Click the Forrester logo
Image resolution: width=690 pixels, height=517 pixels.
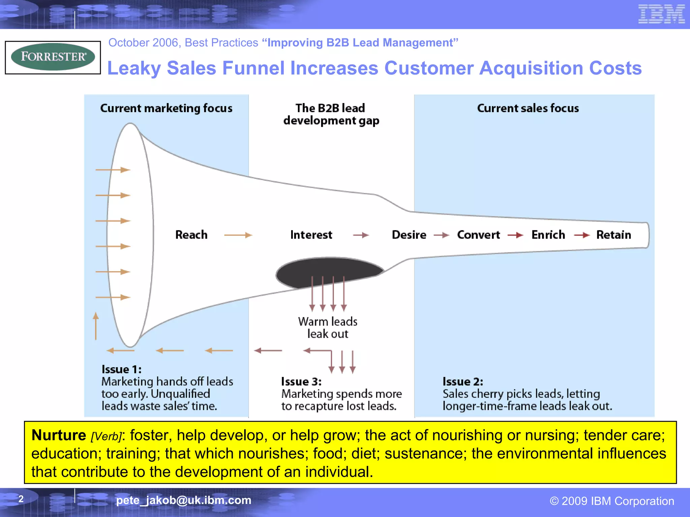(53, 57)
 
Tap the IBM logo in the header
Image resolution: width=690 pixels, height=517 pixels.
(661, 14)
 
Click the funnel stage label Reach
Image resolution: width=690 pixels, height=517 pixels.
(191, 235)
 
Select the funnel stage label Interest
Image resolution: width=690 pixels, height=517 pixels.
(311, 235)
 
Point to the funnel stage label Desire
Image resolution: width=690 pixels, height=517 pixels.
(409, 235)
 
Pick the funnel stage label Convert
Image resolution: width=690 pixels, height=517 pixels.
(478, 235)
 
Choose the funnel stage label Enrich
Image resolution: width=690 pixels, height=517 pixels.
(548, 235)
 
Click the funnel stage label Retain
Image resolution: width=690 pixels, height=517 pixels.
(614, 235)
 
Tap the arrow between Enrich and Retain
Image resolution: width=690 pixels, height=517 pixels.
(582, 235)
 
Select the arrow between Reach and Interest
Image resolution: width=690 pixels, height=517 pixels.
(238, 235)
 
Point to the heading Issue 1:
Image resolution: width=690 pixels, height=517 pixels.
(122, 370)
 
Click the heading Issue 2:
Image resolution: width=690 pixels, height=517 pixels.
(463, 382)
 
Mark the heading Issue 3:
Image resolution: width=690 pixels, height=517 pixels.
(301, 382)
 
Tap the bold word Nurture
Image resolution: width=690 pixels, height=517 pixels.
(59, 435)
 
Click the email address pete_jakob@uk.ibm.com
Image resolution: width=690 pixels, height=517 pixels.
(184, 500)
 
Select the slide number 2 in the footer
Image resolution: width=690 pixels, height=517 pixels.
(21, 499)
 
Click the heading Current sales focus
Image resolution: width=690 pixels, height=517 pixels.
(528, 108)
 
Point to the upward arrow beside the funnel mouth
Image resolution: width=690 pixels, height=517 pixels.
(96, 326)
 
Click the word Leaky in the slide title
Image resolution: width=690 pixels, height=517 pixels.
(134, 68)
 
